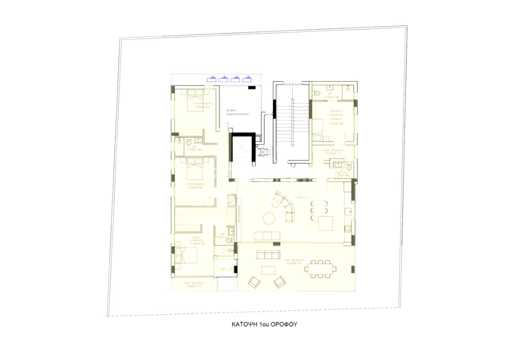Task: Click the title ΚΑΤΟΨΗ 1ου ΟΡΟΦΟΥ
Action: tap(264, 324)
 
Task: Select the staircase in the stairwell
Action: tap(292, 120)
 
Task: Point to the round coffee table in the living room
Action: tap(268, 218)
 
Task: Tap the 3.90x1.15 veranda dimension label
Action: tap(194, 286)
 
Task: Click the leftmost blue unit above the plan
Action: tap(211, 79)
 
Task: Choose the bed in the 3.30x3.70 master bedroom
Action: tap(188, 255)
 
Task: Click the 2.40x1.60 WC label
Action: tap(194, 150)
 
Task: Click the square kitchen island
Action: tap(325, 223)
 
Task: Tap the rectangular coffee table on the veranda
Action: tap(268, 270)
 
